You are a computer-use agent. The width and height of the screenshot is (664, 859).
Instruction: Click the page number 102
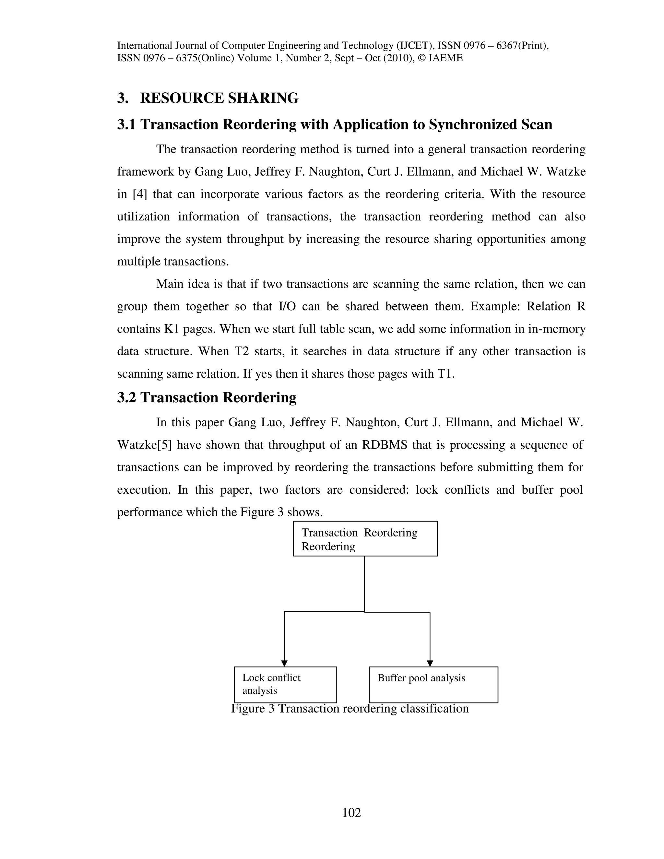[x=351, y=812]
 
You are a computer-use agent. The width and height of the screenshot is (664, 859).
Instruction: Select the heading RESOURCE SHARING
[x=219, y=98]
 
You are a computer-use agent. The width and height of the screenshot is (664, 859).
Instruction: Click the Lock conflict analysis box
[x=285, y=684]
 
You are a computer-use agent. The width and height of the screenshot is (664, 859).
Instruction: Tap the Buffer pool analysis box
[x=433, y=684]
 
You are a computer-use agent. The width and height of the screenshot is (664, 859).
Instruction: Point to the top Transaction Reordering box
[x=365, y=538]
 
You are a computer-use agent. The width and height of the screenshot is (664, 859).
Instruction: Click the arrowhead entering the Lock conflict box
[x=284, y=664]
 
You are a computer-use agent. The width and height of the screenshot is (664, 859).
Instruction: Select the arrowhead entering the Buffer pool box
[x=430, y=664]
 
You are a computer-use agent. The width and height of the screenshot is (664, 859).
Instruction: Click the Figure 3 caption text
[x=350, y=709]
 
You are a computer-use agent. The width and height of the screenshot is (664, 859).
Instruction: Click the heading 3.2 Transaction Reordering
[x=207, y=397]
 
